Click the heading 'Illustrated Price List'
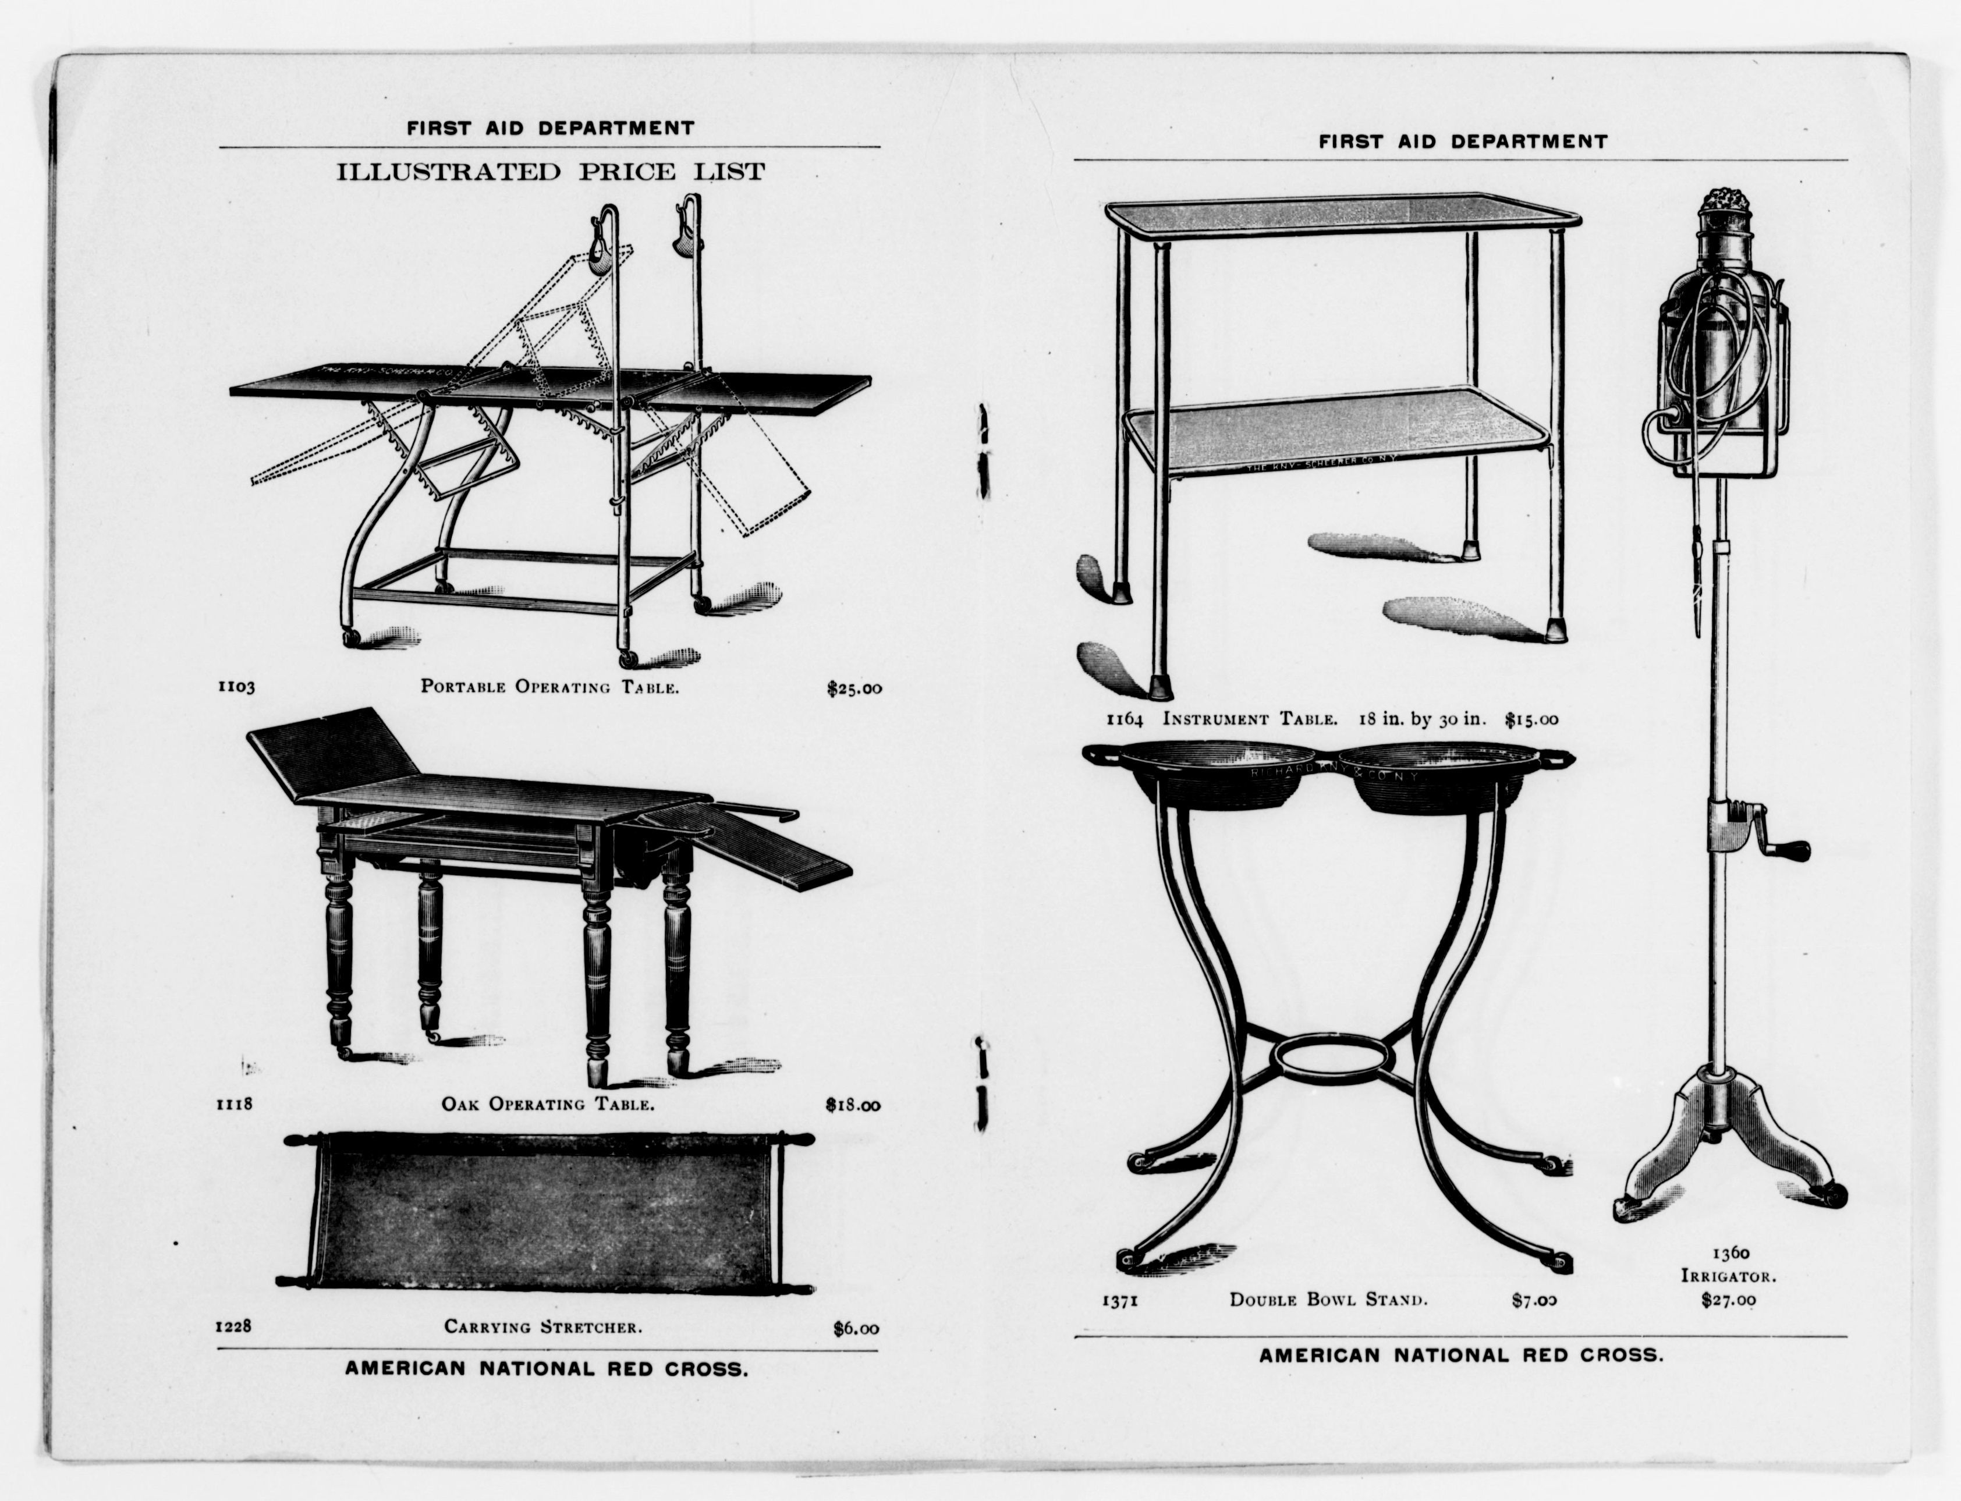pyautogui.click(x=550, y=172)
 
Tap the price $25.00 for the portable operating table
pyautogui.click(x=853, y=689)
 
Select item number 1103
pyautogui.click(x=236, y=687)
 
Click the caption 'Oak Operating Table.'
pyautogui.click(x=548, y=1104)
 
